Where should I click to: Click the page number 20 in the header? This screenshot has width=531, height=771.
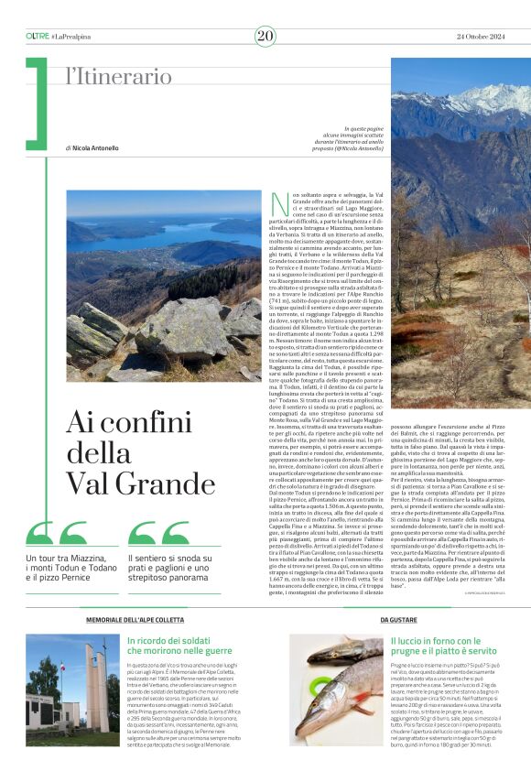265,36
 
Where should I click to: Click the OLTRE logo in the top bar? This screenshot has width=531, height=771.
38,36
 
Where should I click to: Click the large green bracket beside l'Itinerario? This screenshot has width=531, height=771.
37,101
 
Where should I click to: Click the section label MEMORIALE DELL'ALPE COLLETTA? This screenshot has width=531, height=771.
131,620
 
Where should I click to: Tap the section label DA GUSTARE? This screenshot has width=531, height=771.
398,620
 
